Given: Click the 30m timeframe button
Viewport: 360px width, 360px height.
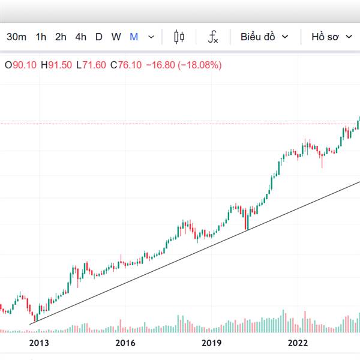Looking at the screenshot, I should pyautogui.click(x=17, y=37).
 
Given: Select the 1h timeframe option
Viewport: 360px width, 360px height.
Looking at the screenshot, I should pyautogui.click(x=41, y=37).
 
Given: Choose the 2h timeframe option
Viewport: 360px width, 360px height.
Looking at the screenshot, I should pyautogui.click(x=61, y=37).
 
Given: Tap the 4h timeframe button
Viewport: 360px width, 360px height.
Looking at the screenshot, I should pyautogui.click(x=81, y=37).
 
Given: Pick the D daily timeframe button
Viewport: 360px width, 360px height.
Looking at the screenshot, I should pyautogui.click(x=99, y=37).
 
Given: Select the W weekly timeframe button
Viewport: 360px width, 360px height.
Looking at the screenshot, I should pyautogui.click(x=116, y=37).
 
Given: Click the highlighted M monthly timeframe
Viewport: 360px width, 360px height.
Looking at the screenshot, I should pyautogui.click(x=134, y=37).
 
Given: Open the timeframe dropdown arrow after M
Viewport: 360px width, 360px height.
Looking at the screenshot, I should pyautogui.click(x=151, y=37).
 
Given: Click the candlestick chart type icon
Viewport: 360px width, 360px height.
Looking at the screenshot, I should pyautogui.click(x=179, y=37).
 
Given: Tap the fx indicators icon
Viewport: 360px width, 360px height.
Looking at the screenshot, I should pyautogui.click(x=213, y=37).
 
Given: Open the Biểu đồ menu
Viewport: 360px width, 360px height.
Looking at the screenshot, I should pyautogui.click(x=265, y=37).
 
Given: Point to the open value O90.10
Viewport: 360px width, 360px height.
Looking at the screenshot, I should pyautogui.click(x=20, y=65).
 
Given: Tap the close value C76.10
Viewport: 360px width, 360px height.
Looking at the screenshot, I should pyautogui.click(x=126, y=65).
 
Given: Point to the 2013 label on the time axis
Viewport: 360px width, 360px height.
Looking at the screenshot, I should pyautogui.click(x=38, y=343).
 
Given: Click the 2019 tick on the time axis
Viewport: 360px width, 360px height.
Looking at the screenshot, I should pyautogui.click(x=212, y=343).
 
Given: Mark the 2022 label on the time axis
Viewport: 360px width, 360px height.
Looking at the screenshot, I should pyautogui.click(x=298, y=343).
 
